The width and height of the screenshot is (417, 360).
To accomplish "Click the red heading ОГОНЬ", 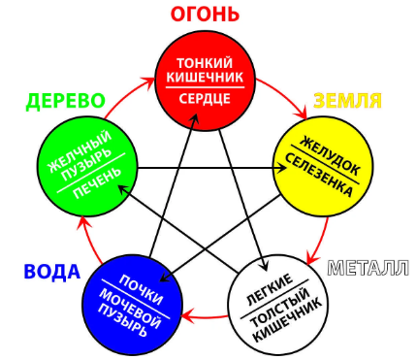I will tap(205, 14).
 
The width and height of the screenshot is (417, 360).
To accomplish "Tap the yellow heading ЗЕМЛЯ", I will tap(346, 101).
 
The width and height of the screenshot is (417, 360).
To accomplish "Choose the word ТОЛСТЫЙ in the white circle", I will tap(283, 307).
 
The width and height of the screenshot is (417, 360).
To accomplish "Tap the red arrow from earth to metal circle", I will tap(317, 243).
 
